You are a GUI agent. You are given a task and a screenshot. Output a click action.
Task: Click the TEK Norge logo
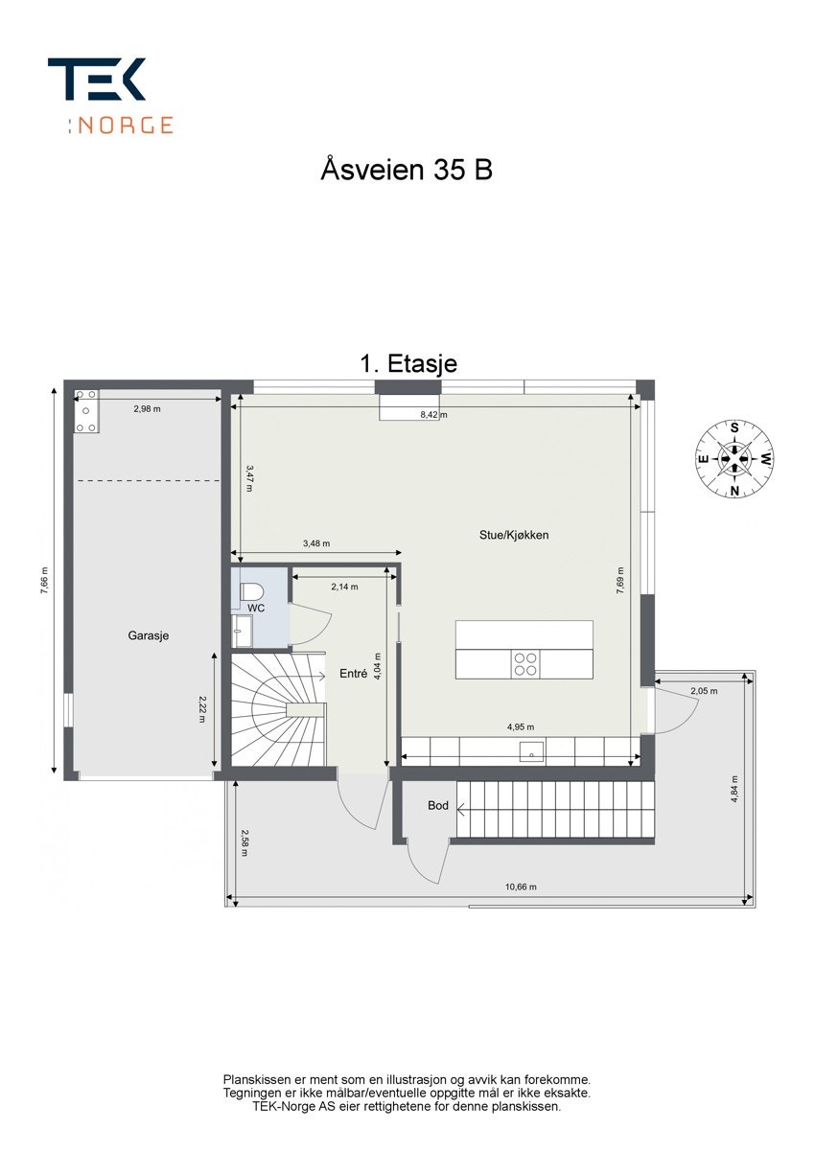coord(110,96)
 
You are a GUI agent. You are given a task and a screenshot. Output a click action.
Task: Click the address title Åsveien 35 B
coord(407,170)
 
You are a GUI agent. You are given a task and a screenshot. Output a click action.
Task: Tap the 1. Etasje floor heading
coord(408,363)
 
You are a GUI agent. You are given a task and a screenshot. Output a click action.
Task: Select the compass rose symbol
coord(734,459)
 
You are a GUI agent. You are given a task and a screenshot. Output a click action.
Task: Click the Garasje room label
coord(149,635)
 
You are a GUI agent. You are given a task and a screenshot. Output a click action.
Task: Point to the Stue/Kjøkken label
coord(514,535)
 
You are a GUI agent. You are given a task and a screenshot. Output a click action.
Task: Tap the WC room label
coord(256,609)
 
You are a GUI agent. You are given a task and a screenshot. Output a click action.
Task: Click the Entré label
coord(354,674)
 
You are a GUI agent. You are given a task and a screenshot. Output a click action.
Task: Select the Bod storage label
coord(438,806)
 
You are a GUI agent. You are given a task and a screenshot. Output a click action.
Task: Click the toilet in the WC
coord(251,591)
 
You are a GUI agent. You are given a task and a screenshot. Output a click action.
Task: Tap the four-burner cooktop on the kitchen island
coord(525,664)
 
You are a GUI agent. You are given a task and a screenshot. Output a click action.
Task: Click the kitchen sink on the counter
coord(532,752)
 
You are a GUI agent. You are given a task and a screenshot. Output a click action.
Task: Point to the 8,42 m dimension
coord(433,415)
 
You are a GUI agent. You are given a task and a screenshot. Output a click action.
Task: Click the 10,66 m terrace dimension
coord(521,887)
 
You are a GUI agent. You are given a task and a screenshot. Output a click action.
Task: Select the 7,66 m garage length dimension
coord(45,581)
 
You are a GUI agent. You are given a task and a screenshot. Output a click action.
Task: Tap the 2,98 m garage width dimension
coord(147,409)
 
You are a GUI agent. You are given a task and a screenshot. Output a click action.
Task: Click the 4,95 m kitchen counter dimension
coord(521,726)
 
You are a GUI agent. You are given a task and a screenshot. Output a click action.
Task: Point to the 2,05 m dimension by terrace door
coord(704,691)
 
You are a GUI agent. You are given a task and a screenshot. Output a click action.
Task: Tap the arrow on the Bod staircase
coord(461,810)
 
